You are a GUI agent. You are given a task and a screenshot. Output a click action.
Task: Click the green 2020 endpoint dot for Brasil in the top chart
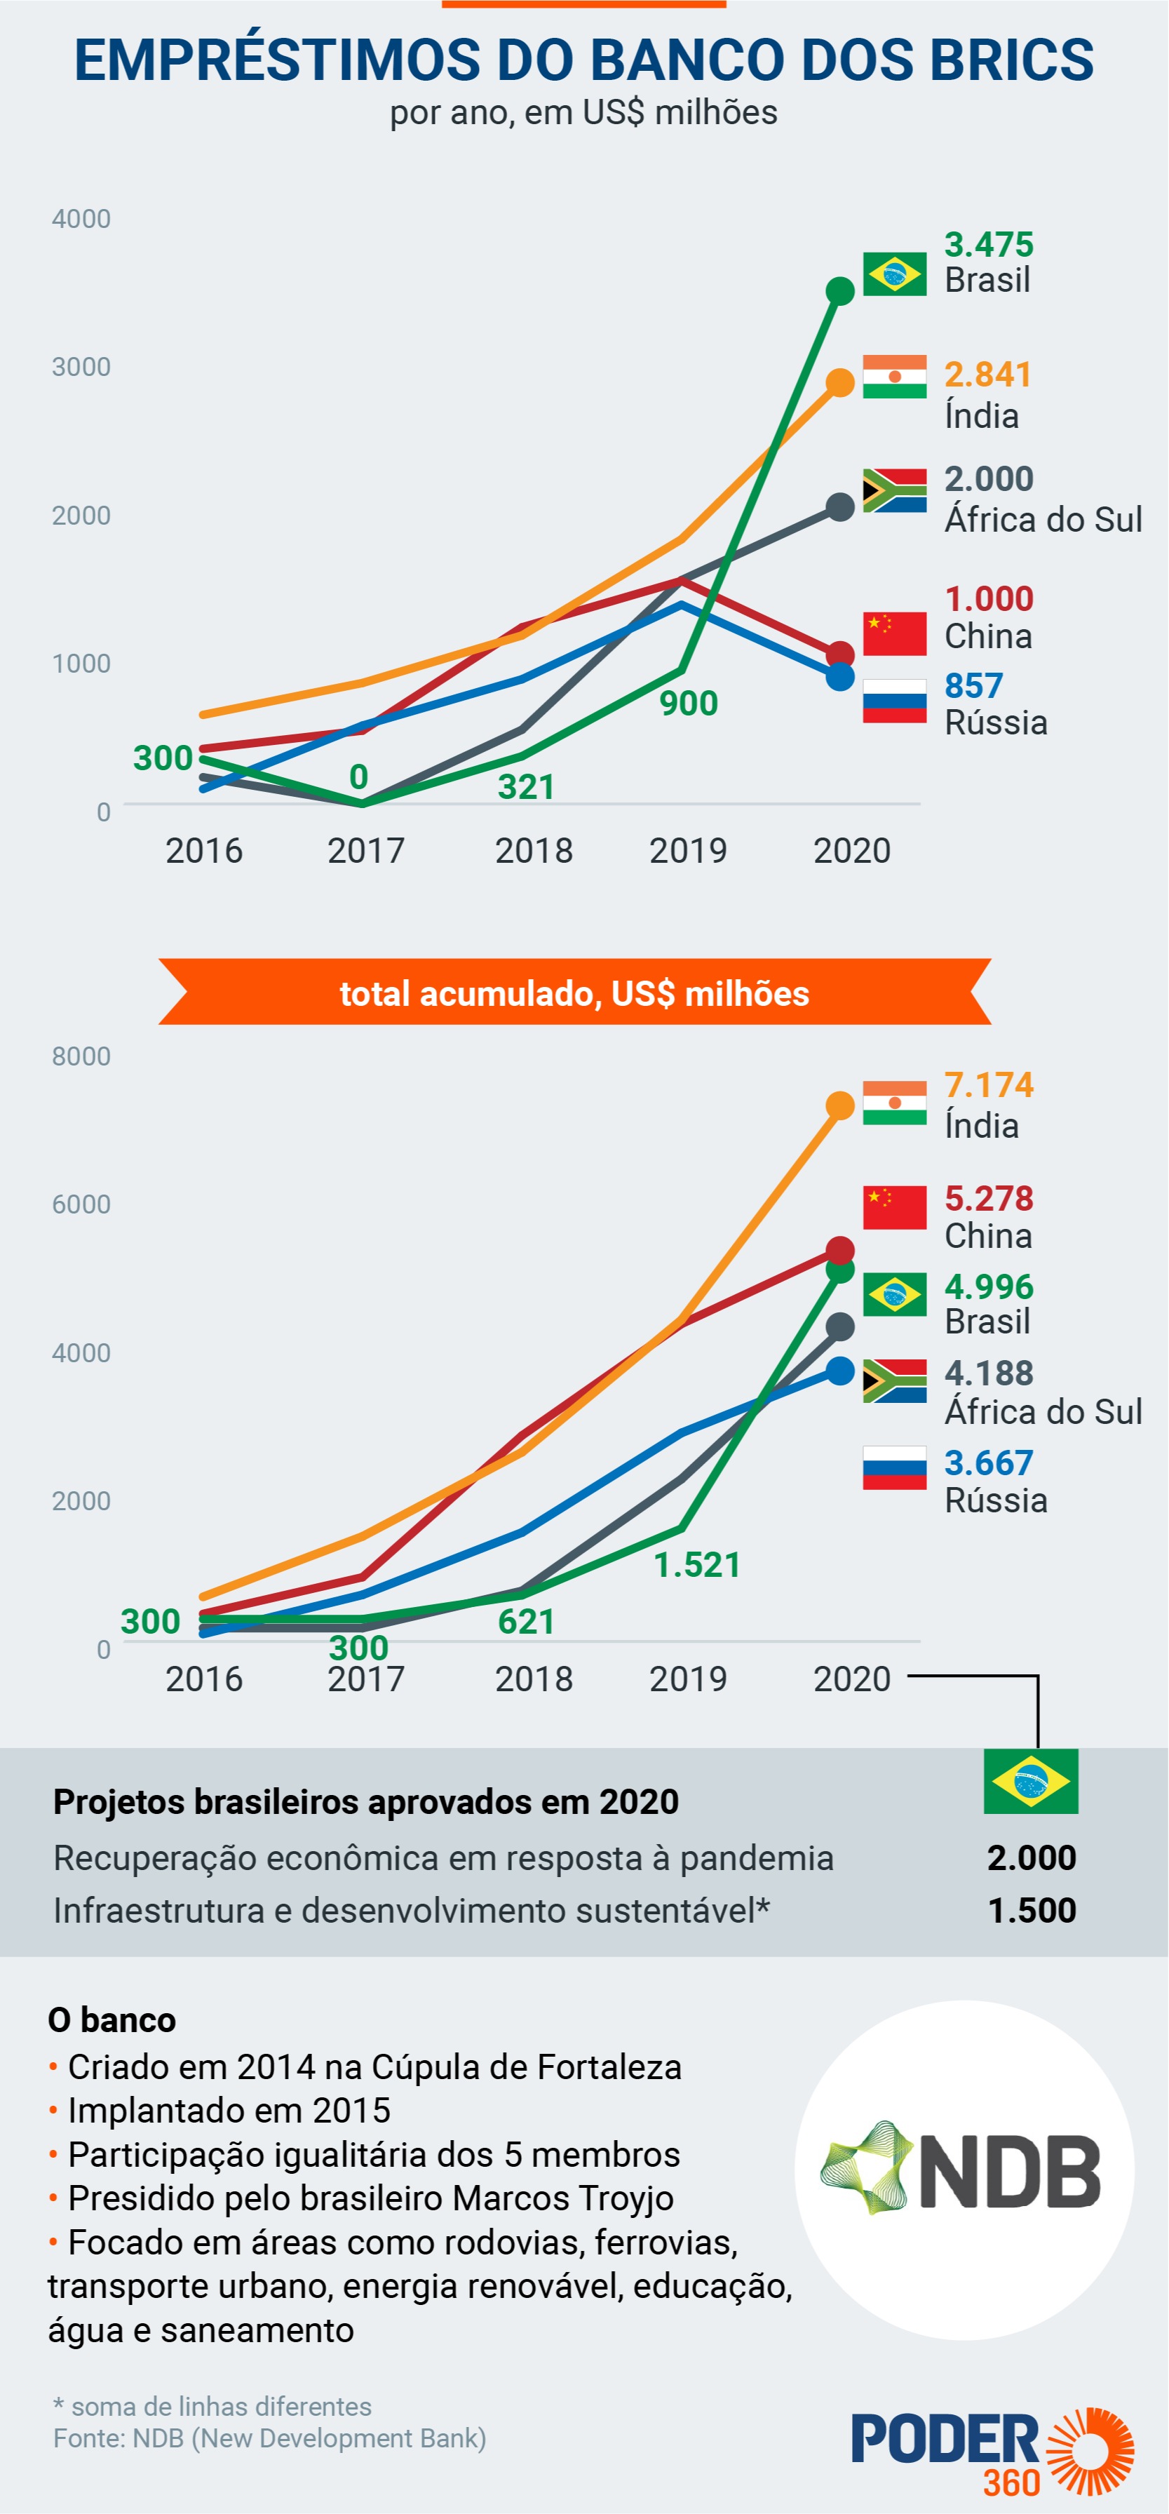click(x=840, y=291)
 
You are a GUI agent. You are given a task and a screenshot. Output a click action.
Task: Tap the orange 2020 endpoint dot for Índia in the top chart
click(x=840, y=382)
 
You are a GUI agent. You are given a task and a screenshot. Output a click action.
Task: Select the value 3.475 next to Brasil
click(x=989, y=244)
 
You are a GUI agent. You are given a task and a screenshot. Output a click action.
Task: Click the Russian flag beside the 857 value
click(x=894, y=701)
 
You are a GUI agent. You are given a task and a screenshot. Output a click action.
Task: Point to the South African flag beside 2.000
click(x=894, y=491)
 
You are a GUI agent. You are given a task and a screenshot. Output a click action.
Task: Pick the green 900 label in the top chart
click(x=689, y=703)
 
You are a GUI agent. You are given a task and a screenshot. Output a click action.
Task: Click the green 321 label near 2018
click(x=526, y=786)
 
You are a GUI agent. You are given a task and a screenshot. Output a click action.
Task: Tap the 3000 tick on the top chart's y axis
click(x=81, y=367)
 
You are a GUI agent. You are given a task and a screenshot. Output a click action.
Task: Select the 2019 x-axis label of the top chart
click(x=688, y=851)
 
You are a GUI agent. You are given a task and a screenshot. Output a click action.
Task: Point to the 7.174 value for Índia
click(x=989, y=1084)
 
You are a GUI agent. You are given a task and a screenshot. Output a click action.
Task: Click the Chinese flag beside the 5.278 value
click(x=894, y=1207)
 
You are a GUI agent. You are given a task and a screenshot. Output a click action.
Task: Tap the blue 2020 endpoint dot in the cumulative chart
click(x=840, y=1370)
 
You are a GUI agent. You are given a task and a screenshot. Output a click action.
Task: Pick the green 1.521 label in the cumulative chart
click(x=697, y=1564)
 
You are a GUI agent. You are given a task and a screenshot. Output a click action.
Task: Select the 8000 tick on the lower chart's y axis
click(x=81, y=1056)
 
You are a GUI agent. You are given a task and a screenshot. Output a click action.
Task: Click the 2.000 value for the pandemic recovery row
click(x=1032, y=1857)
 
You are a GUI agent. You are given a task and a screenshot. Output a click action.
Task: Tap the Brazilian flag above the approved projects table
click(x=1030, y=1781)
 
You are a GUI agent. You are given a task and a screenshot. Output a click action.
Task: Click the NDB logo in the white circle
click(x=964, y=2172)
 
